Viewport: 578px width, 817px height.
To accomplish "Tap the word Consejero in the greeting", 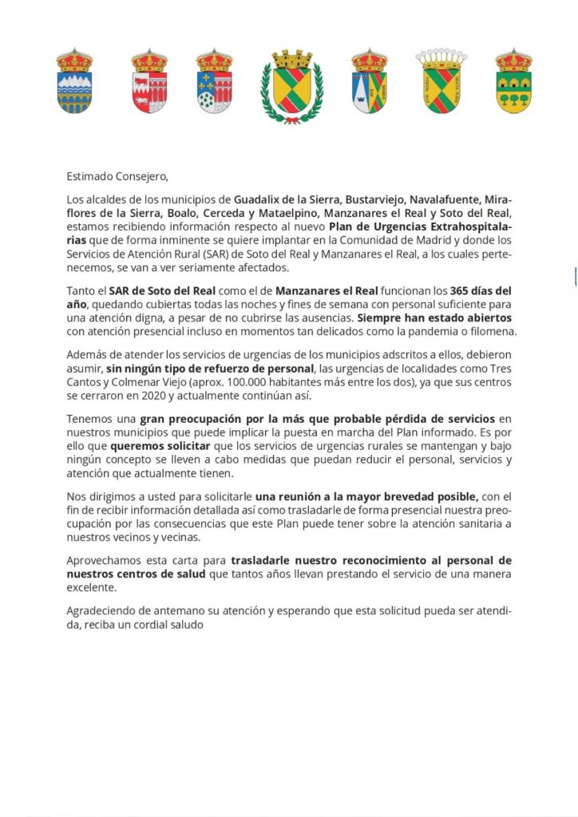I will (144, 176).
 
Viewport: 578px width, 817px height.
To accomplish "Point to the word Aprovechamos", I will (103, 561).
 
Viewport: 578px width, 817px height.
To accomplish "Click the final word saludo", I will (185, 625).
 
